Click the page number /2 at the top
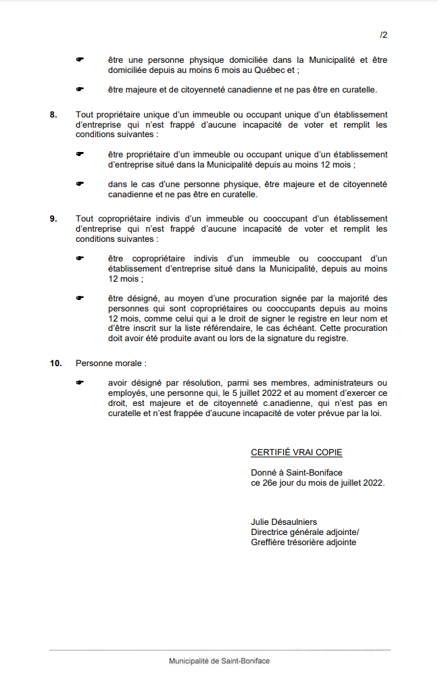(x=383, y=34)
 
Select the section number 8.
(x=53, y=114)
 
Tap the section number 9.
(x=53, y=219)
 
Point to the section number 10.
(x=55, y=363)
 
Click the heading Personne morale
(x=110, y=363)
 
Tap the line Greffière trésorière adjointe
(x=303, y=542)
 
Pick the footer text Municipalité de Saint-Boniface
(x=219, y=661)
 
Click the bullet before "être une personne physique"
(x=79, y=59)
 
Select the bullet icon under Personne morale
(x=79, y=383)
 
